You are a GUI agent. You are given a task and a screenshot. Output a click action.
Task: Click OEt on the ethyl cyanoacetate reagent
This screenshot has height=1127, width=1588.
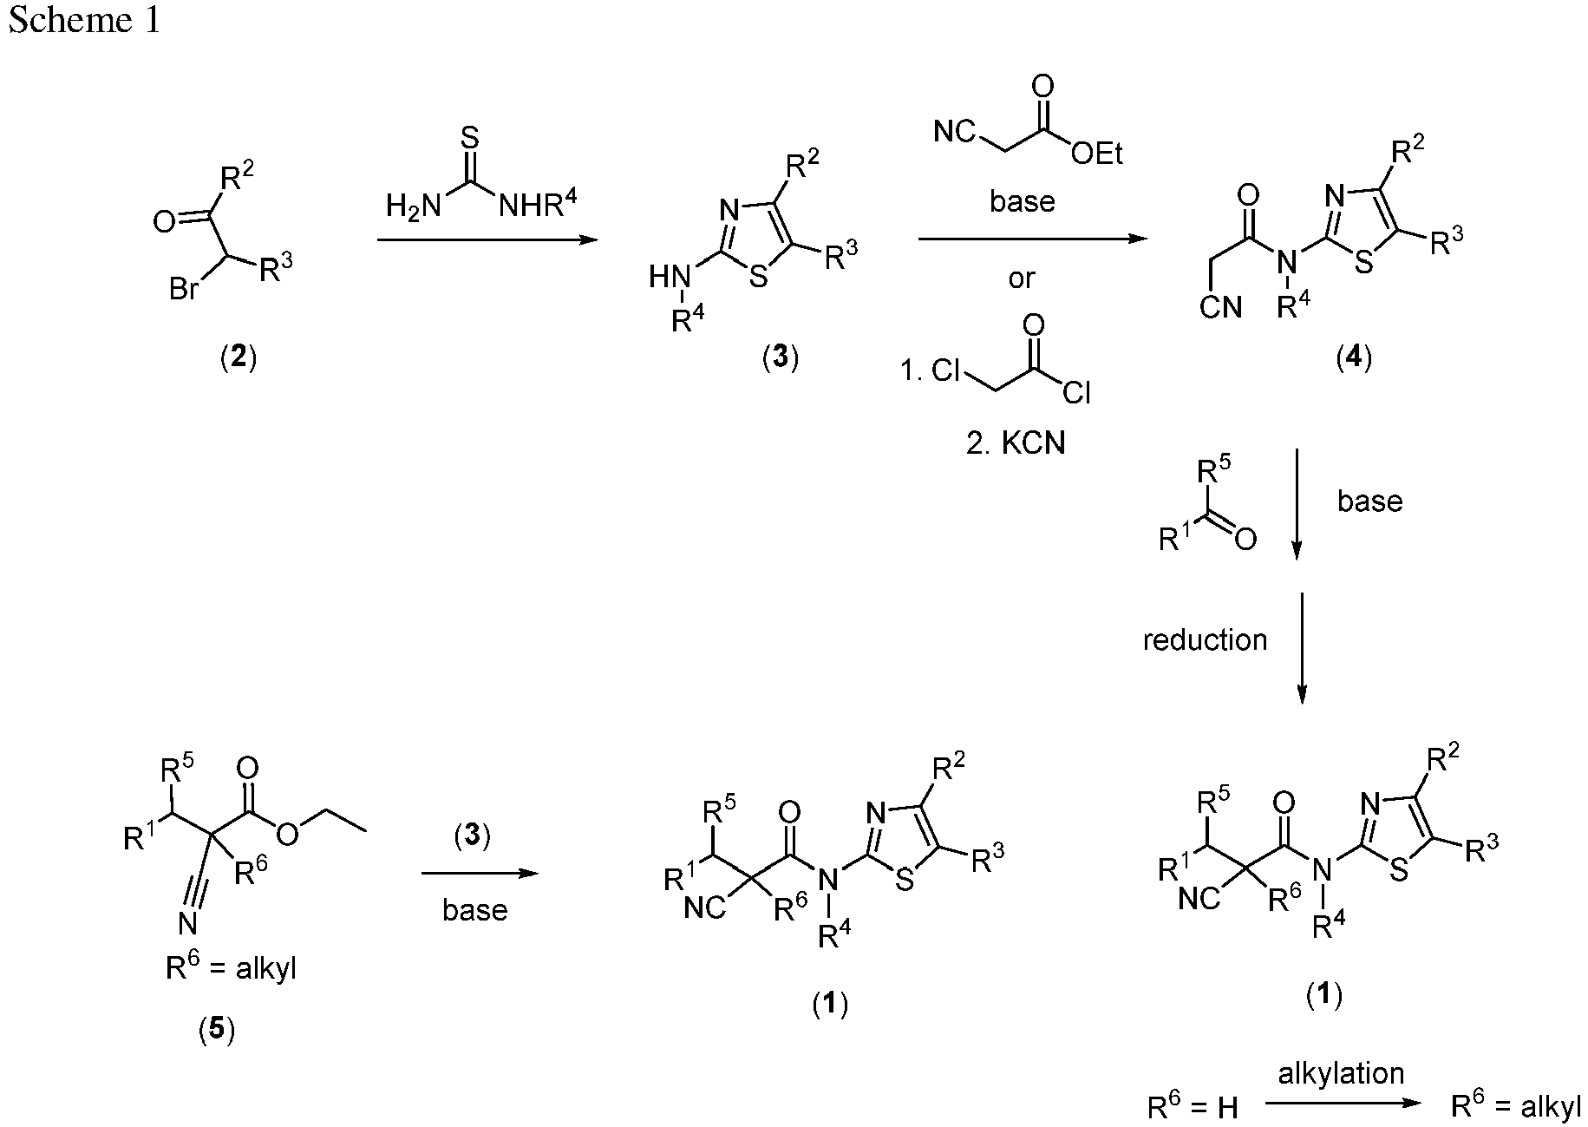[1096, 154]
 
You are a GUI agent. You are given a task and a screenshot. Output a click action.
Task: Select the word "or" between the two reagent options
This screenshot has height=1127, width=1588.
[1022, 278]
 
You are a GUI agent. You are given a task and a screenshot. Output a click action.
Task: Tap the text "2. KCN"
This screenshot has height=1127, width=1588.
[1016, 443]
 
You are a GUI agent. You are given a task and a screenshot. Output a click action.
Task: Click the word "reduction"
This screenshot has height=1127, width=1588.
[1205, 640]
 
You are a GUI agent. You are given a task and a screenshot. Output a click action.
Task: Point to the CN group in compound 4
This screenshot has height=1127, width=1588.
[1221, 307]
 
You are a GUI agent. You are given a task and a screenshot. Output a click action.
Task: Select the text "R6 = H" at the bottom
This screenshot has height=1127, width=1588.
[1193, 1105]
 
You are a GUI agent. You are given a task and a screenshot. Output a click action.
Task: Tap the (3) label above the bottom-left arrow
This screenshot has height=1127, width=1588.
[473, 835]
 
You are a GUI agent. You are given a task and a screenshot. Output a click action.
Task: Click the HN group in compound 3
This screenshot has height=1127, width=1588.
[670, 278]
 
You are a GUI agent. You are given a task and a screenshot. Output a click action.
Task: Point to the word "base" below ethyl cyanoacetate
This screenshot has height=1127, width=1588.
[1022, 201]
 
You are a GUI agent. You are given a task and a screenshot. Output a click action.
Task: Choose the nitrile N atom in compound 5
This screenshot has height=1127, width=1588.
[187, 924]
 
